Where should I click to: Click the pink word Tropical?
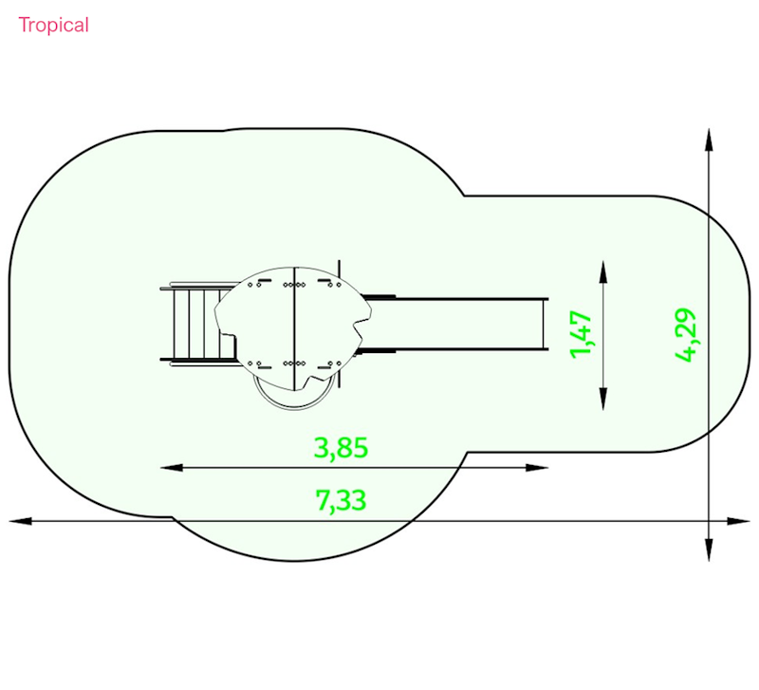53,26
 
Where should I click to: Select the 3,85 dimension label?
342,448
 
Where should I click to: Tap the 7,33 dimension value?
341,500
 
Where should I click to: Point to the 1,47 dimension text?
581,335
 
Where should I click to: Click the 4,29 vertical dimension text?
685,335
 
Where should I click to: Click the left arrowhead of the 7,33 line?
20,521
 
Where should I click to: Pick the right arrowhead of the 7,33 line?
739,521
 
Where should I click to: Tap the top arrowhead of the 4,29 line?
709,140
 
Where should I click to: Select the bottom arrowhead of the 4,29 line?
709,550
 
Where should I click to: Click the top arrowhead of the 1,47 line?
603,271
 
